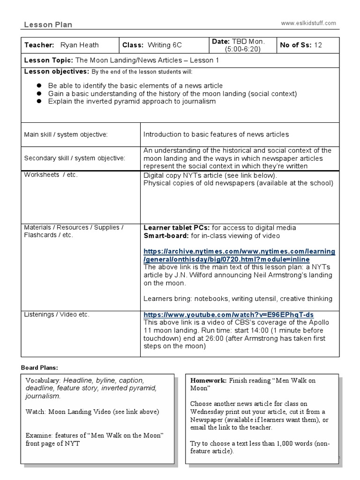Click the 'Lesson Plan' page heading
[x=48, y=25]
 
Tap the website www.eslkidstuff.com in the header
[x=308, y=23]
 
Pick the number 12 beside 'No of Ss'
[x=318, y=45]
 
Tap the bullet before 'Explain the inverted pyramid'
[x=39, y=101]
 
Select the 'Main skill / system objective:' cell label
[x=66, y=135]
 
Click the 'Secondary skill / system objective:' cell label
[x=75, y=158]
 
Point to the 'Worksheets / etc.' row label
[x=51, y=175]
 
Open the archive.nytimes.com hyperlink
[x=239, y=255]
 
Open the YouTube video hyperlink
[x=228, y=315]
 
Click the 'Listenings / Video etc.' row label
[x=57, y=315]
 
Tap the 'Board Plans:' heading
[x=41, y=367]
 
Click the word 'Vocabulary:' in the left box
[x=43, y=380]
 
